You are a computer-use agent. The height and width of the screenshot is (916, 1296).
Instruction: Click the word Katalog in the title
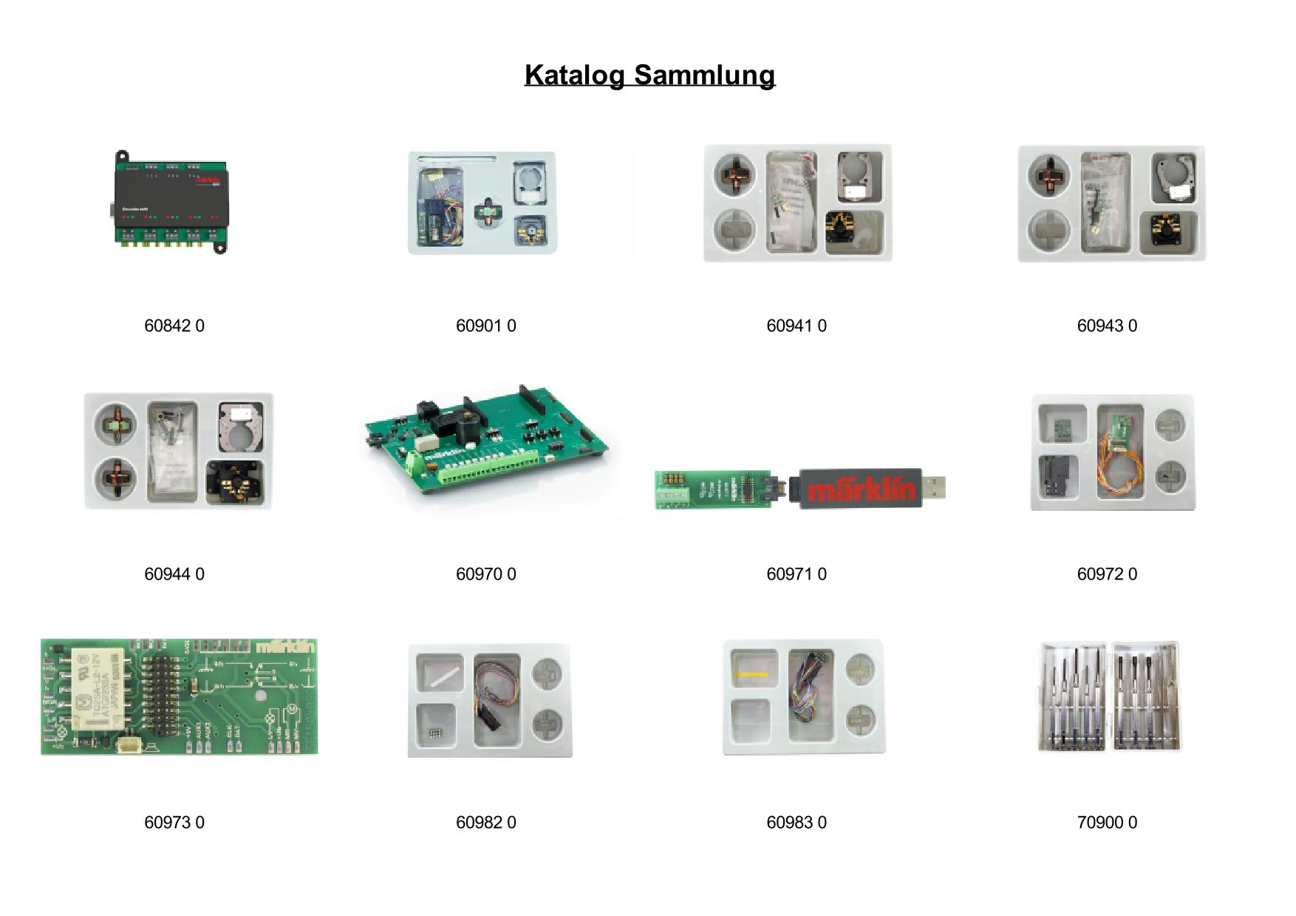575,75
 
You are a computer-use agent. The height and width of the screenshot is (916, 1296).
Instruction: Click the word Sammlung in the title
704,75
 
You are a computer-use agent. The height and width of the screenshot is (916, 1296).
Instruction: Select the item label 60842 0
174,326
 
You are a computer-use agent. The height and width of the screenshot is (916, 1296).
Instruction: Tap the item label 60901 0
485,326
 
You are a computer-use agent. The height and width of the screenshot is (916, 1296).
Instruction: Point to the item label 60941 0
797,326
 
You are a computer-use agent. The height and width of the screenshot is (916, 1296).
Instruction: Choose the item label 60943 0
1107,326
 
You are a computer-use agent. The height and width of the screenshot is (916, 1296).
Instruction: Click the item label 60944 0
174,574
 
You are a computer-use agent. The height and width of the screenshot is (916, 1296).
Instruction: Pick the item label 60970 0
485,574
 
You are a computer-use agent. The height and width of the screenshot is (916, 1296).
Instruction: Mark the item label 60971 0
797,574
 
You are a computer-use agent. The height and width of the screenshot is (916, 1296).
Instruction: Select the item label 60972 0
1107,574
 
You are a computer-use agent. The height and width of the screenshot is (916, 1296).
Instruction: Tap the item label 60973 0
174,823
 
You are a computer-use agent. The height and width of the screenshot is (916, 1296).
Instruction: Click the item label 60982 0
485,823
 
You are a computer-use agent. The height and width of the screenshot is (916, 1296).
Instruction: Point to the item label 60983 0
797,823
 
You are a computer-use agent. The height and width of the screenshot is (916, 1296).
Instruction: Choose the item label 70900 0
1107,823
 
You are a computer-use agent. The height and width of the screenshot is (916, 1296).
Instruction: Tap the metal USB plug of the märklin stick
934,487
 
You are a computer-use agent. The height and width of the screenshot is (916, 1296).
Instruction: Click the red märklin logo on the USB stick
862,489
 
